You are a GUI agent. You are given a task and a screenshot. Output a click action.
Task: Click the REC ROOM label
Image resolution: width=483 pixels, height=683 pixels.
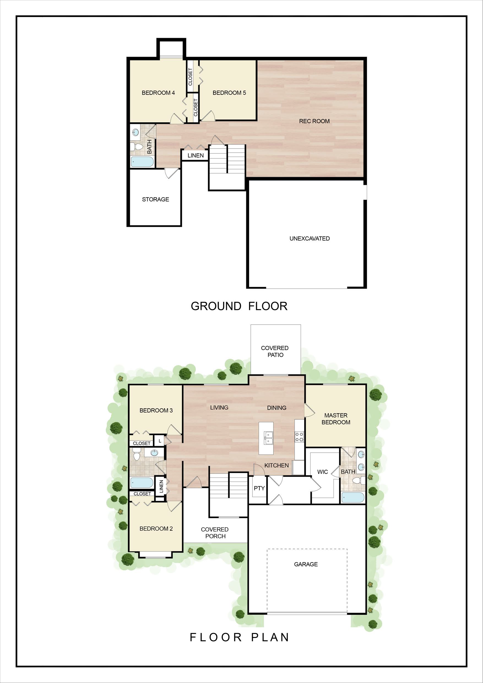(314, 121)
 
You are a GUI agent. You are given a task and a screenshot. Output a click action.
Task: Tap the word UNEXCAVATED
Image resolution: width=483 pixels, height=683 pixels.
(309, 238)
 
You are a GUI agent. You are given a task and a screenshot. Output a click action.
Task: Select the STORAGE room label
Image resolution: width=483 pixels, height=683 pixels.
(155, 199)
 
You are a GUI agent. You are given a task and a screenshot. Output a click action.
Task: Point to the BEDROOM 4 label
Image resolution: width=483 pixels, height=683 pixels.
(158, 93)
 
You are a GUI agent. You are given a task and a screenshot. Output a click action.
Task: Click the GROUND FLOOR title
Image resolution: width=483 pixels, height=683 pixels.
(239, 306)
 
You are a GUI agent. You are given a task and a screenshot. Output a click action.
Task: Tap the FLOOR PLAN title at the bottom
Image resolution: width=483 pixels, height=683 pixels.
(239, 638)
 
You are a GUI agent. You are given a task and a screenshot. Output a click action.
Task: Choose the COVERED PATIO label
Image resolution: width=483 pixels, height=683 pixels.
(275, 352)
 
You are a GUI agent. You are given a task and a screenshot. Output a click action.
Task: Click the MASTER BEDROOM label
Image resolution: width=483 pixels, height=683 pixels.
(336, 419)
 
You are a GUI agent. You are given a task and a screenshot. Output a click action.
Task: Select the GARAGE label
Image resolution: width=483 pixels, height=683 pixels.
(306, 564)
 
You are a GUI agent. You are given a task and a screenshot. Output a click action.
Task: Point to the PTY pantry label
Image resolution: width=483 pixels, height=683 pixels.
(259, 488)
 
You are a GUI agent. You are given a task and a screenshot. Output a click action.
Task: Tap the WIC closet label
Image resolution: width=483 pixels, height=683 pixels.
(322, 472)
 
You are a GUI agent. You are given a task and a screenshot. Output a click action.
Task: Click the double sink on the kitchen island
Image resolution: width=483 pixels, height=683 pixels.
(269, 438)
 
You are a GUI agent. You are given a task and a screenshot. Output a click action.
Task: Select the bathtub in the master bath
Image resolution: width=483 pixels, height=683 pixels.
(353, 497)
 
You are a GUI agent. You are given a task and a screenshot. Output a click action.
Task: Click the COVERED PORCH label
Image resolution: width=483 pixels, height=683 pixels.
(215, 533)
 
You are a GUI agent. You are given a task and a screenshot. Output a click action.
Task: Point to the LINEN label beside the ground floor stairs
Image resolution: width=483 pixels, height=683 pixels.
(196, 155)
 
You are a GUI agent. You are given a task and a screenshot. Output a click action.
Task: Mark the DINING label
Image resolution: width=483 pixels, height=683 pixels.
(276, 408)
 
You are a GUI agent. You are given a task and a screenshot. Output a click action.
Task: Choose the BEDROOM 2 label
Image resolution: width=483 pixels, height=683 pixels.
(156, 528)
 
